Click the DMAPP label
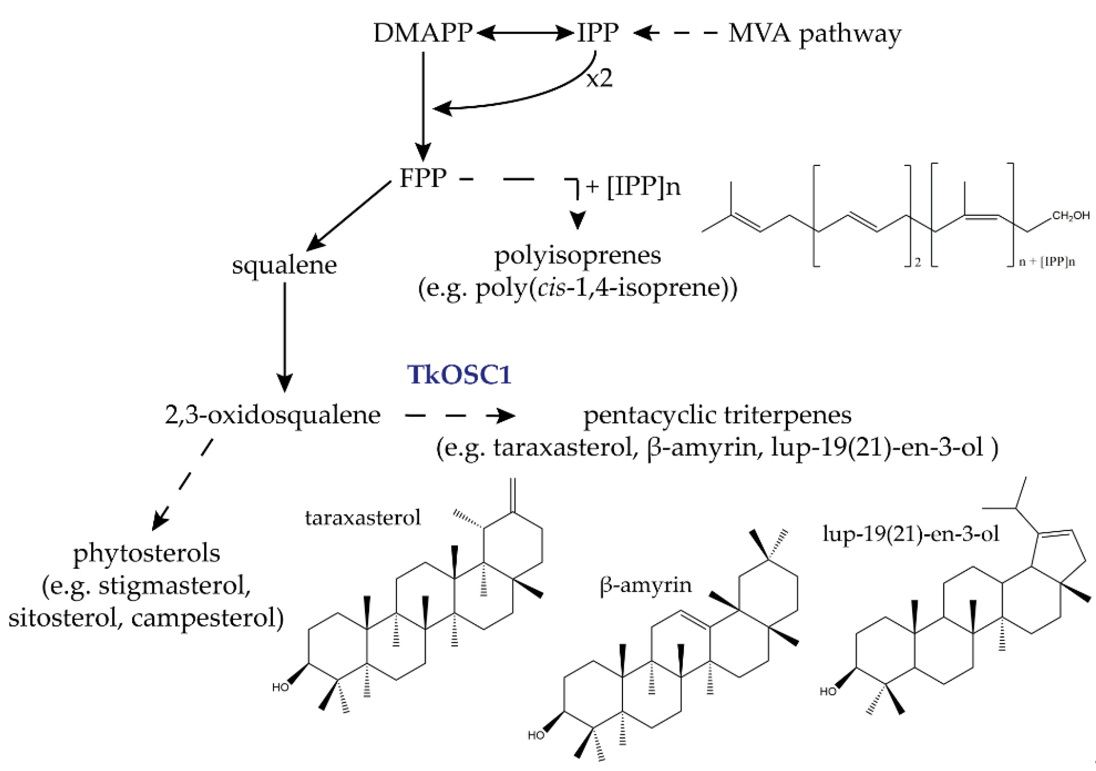coord(423,33)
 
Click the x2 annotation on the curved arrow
coord(599,78)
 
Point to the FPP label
coord(423,178)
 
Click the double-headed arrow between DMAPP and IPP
coord(525,33)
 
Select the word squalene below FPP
coord(285,265)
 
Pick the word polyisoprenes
coord(577,255)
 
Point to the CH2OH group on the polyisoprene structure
coord(1070,216)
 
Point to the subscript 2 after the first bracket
coord(917,262)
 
